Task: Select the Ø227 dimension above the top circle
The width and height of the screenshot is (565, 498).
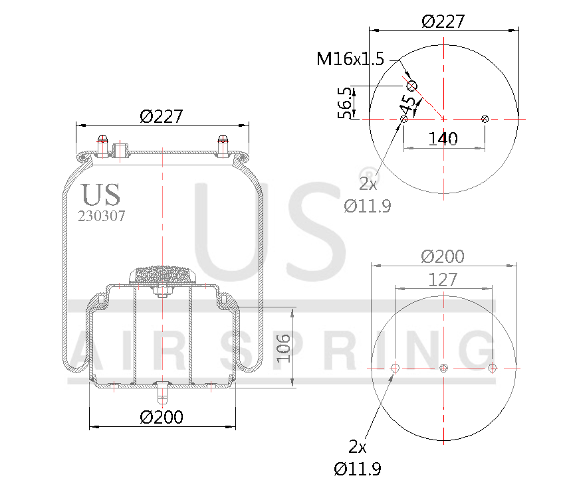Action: (443, 21)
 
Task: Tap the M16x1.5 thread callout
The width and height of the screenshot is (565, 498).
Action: (350, 60)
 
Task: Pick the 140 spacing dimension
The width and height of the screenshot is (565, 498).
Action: (443, 139)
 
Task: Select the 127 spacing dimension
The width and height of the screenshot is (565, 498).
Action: (443, 280)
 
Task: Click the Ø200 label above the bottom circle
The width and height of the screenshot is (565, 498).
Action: (443, 256)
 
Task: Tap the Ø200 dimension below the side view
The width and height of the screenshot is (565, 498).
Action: (162, 417)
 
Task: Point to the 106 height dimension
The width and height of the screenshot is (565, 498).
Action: (284, 347)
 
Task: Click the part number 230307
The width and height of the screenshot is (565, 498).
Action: (102, 216)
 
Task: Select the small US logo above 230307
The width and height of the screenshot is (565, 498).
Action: (101, 195)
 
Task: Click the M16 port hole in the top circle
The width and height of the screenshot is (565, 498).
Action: (411, 86)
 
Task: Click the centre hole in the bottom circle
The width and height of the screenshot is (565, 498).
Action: (444, 368)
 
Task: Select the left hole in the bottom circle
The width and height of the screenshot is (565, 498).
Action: (395, 368)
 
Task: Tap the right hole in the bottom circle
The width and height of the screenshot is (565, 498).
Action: (493, 368)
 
